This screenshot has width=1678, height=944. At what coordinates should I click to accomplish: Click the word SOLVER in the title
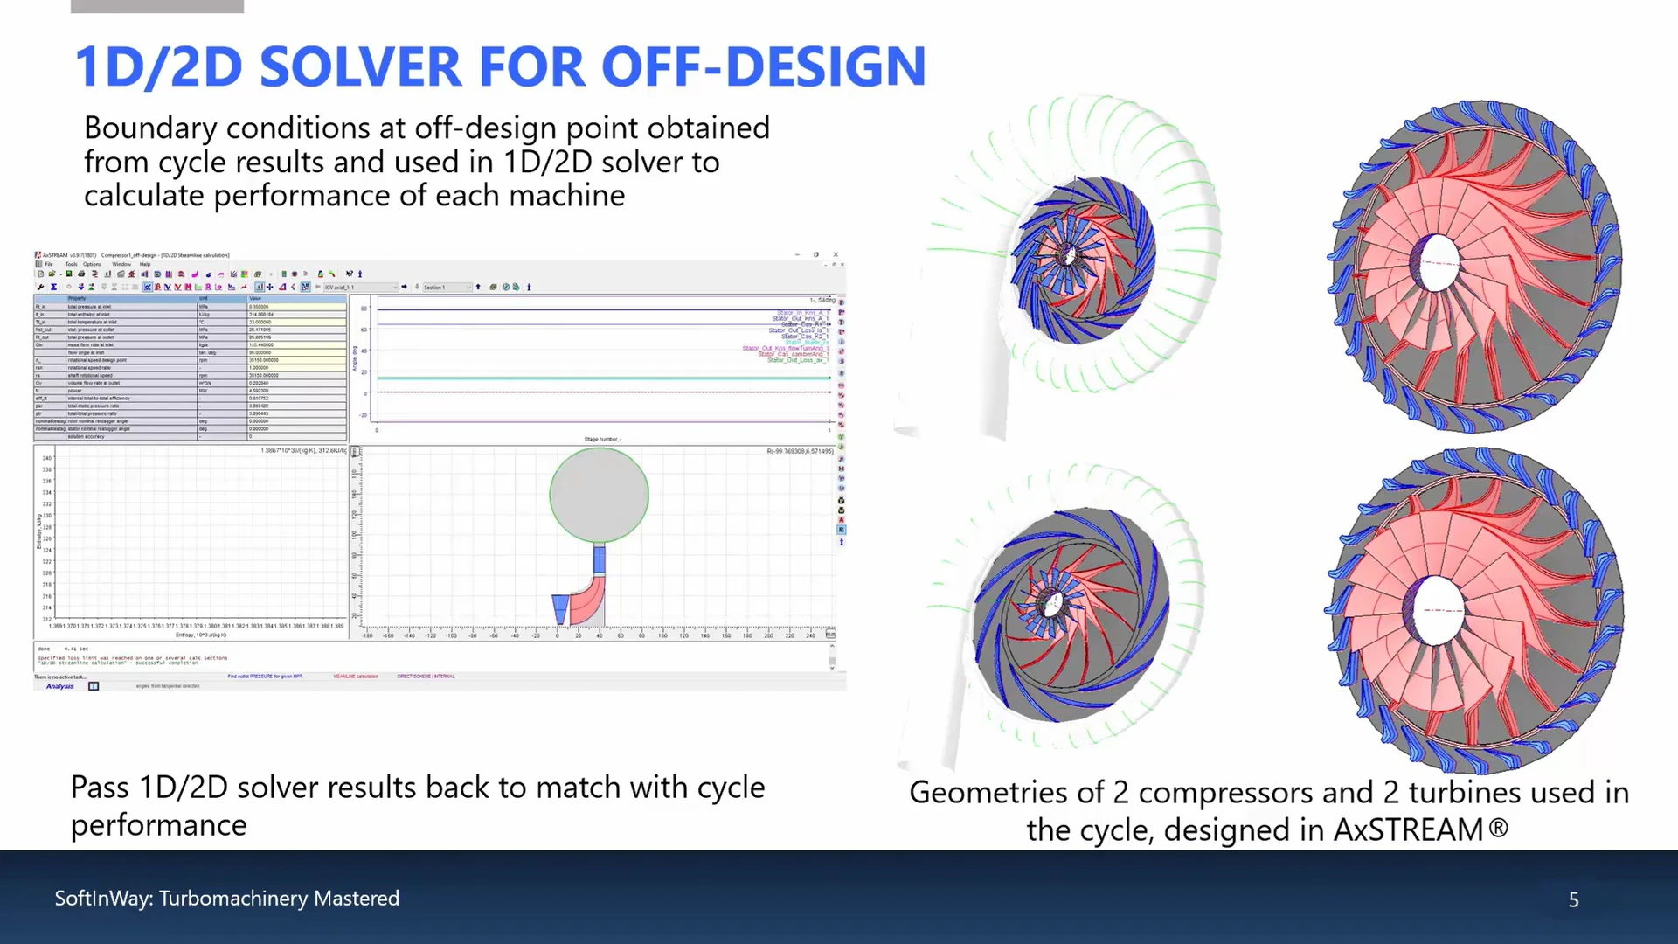(360, 67)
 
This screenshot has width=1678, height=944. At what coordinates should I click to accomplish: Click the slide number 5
(1573, 899)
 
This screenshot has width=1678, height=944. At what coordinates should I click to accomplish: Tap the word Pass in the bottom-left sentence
(100, 788)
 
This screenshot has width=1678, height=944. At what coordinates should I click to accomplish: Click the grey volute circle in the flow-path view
(599, 495)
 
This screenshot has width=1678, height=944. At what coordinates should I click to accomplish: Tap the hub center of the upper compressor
(1067, 256)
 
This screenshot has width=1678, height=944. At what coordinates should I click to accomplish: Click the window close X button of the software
(836, 254)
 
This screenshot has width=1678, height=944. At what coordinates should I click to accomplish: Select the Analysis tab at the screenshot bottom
(60, 686)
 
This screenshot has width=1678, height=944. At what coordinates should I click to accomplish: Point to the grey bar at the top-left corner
(156, 6)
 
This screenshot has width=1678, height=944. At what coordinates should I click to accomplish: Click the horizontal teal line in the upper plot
(603, 378)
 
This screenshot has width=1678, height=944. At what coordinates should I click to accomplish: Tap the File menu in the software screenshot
(49, 264)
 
